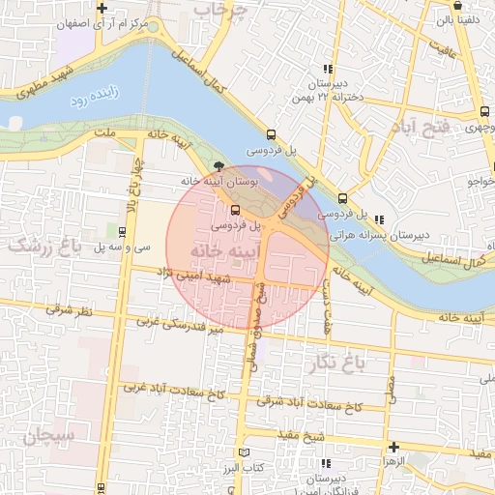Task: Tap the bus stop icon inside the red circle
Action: pyautogui.click(x=236, y=210)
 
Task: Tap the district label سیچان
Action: pyautogui.click(x=44, y=438)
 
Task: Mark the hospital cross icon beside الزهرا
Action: pyautogui.click(x=393, y=448)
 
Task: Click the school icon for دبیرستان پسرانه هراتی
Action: pyautogui.click(x=379, y=218)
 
